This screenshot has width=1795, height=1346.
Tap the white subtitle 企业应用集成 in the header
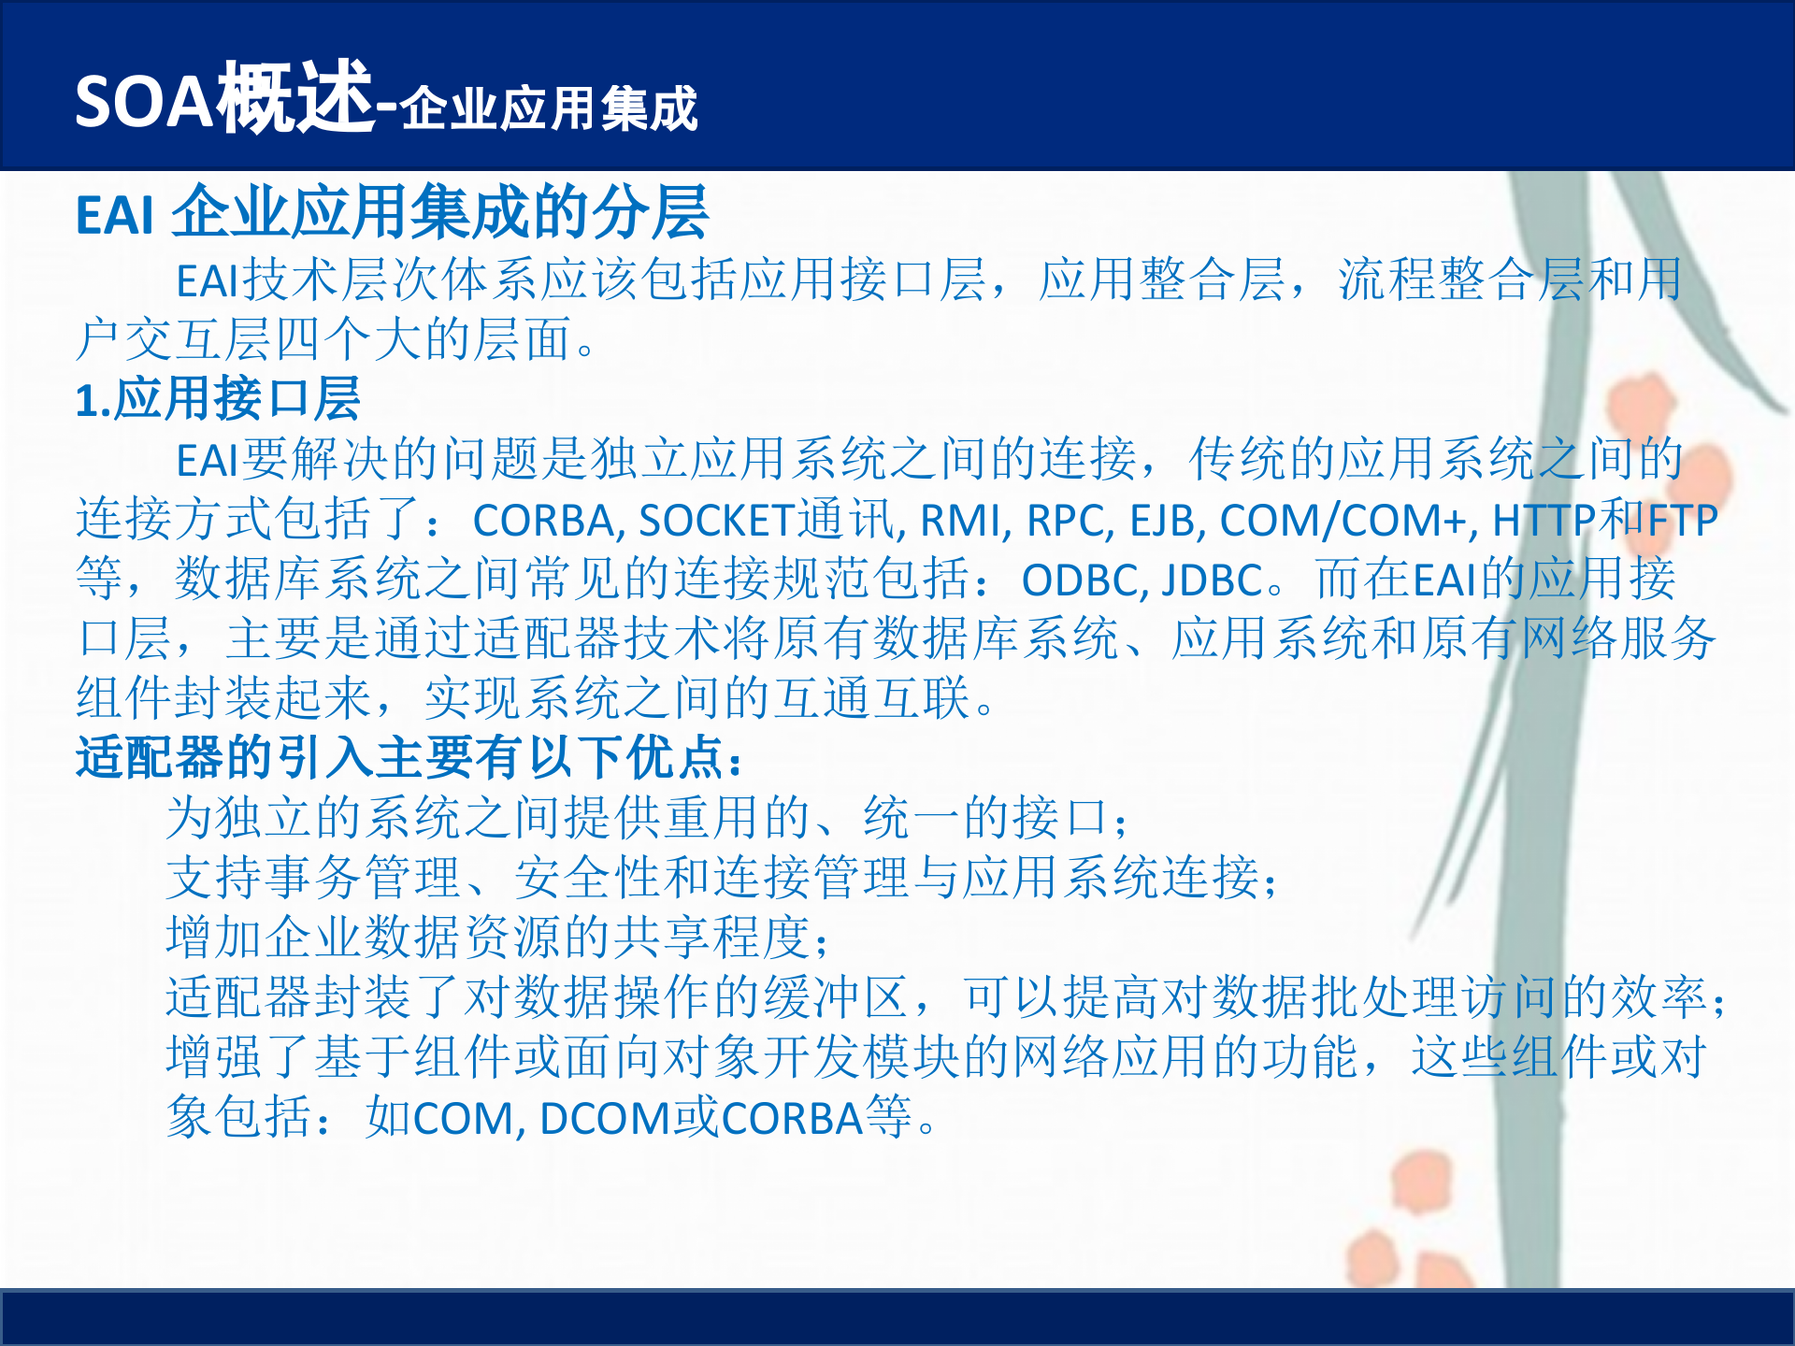[550, 108]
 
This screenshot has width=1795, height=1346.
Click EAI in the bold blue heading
[114, 216]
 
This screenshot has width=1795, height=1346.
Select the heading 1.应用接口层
[218, 399]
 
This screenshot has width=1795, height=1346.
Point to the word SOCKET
[716, 521]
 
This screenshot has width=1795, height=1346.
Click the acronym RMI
[960, 521]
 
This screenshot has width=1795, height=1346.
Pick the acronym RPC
[1066, 521]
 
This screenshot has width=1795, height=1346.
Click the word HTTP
[1544, 521]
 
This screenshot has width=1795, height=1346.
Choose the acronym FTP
[1682, 521]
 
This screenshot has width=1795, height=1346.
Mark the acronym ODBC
[1080, 580]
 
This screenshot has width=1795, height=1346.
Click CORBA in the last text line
[792, 1118]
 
